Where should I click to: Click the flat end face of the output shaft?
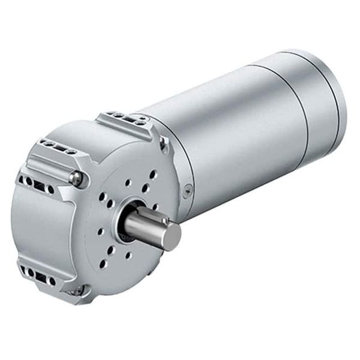click(x=171, y=236)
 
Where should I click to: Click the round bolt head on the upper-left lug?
click(x=76, y=177)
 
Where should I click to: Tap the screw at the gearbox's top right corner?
click(x=163, y=142)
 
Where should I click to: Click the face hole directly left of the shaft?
click(x=100, y=230)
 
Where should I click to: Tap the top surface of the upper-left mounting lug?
click(x=54, y=147)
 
